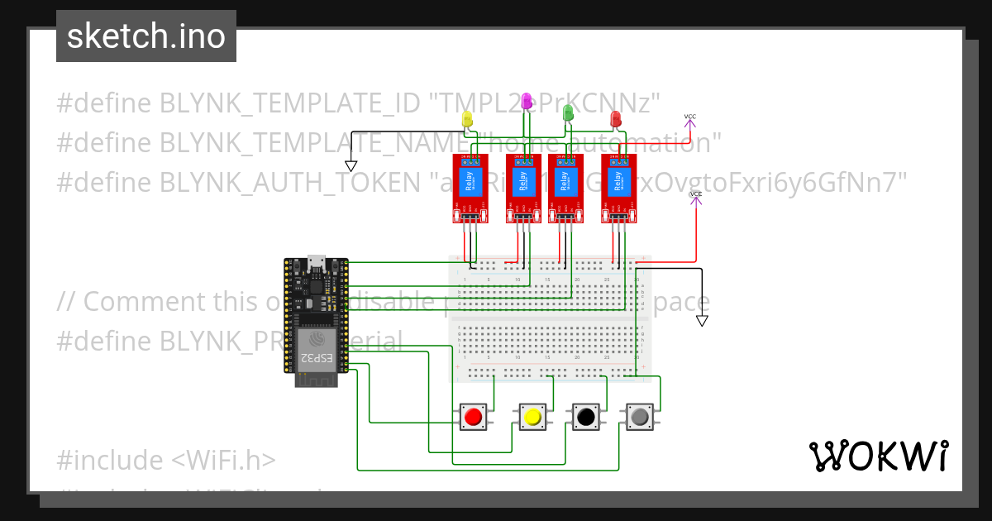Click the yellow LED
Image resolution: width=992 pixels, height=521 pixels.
(x=467, y=120)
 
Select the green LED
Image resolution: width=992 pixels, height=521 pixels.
(x=568, y=112)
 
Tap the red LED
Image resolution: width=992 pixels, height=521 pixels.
(x=615, y=120)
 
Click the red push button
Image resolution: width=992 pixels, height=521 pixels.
(x=473, y=417)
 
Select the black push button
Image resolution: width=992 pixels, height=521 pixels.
(x=586, y=417)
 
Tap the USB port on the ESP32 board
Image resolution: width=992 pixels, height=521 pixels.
(x=315, y=262)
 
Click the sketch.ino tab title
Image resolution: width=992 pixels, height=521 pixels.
(x=146, y=36)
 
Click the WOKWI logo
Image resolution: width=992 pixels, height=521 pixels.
(x=878, y=456)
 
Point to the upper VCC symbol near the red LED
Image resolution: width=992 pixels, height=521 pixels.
(x=689, y=121)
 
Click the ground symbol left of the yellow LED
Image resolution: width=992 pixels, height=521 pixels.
(x=351, y=165)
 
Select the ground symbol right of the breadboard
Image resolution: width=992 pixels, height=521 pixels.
(x=702, y=321)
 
